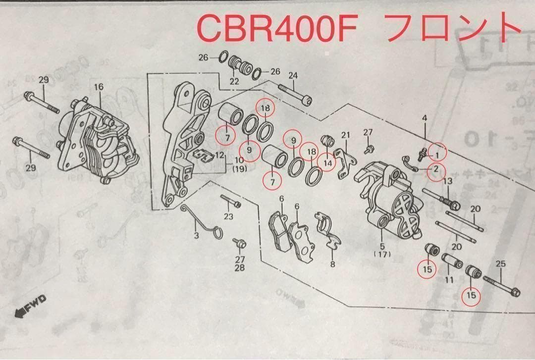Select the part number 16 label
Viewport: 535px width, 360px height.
coord(99,87)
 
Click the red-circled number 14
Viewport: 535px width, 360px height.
coord(327,162)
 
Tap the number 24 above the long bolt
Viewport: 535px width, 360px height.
coord(293,75)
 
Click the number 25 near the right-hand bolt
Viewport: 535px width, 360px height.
coord(501,264)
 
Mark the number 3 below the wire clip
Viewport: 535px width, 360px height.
coord(196,236)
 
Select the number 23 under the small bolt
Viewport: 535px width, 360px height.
coord(228,216)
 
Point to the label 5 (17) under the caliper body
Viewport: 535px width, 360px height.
coord(382,250)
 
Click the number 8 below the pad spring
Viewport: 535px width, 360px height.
coord(333,264)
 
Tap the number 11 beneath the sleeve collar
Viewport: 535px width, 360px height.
coord(449,280)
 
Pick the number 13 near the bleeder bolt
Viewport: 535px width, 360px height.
coord(447,181)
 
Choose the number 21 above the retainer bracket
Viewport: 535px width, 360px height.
coord(345,135)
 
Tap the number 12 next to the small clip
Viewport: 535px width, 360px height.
coord(219,155)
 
